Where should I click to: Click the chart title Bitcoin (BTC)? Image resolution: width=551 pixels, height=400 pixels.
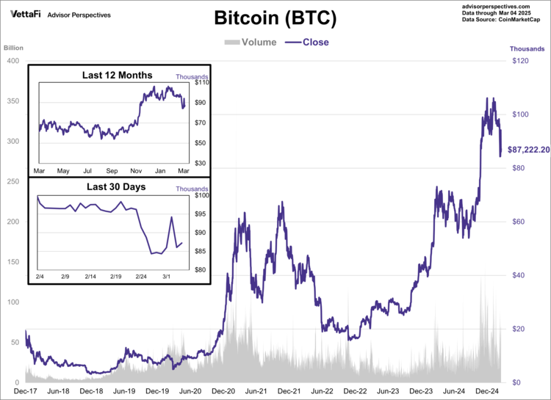point(275,18)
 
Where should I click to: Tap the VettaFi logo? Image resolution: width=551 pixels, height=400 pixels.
point(25,14)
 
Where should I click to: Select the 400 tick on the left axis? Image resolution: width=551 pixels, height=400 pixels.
point(12,61)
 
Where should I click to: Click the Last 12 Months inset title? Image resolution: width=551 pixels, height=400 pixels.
point(118,76)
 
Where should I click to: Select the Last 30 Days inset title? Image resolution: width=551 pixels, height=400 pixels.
point(116,187)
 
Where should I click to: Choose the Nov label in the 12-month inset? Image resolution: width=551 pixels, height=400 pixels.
point(137,171)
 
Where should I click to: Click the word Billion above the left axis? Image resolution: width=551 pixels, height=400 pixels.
point(14,48)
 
